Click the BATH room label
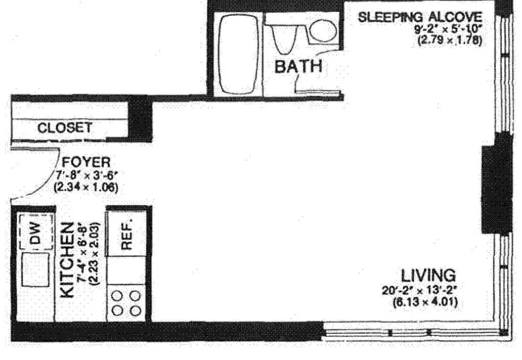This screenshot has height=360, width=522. click(x=298, y=66)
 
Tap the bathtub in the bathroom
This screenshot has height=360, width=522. click(x=239, y=54)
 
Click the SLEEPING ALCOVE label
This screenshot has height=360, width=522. click(x=420, y=17)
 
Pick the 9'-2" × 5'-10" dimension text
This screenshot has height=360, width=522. click(x=448, y=29)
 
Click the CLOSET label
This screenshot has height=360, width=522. click(x=65, y=128)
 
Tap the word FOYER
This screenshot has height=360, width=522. click(x=86, y=162)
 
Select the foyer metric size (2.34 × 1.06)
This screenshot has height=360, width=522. click(x=86, y=187)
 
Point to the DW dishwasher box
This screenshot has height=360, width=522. click(x=35, y=232)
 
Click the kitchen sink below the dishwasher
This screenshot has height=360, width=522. click(x=35, y=269)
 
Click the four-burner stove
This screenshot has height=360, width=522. click(x=126, y=303)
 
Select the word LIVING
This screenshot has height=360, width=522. click(x=428, y=276)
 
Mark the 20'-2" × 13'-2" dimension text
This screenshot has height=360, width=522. click(x=420, y=290)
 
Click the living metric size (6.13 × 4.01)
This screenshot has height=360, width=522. click(x=425, y=302)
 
